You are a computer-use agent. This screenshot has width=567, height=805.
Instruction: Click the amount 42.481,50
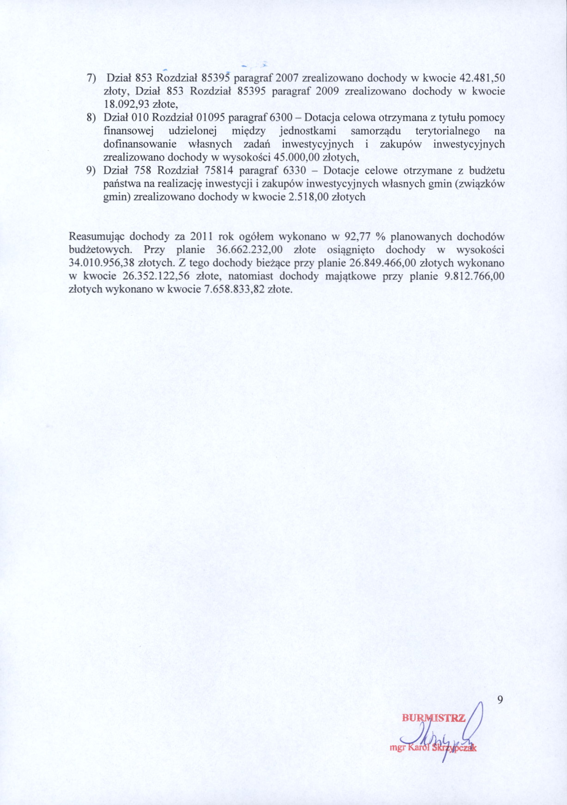tap(484, 78)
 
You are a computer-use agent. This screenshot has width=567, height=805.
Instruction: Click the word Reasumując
tap(96, 237)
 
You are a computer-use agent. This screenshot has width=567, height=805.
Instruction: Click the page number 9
tap(500, 700)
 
